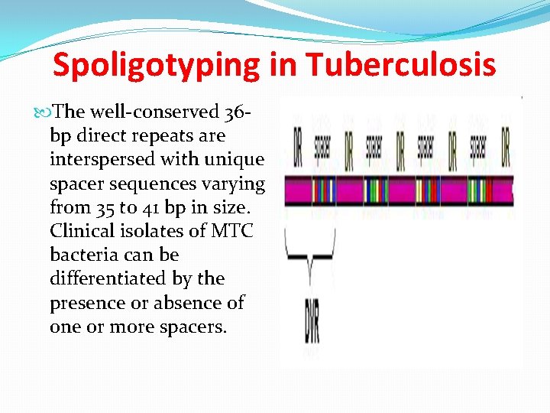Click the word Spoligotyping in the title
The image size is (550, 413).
pyautogui.click(x=157, y=66)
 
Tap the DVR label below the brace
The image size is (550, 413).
pyautogui.click(x=311, y=322)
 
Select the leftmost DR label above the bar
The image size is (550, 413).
pyautogui.click(x=297, y=147)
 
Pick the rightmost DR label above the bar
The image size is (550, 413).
pyautogui.click(x=505, y=147)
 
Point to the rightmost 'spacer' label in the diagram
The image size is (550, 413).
pyautogui.click(x=478, y=145)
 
